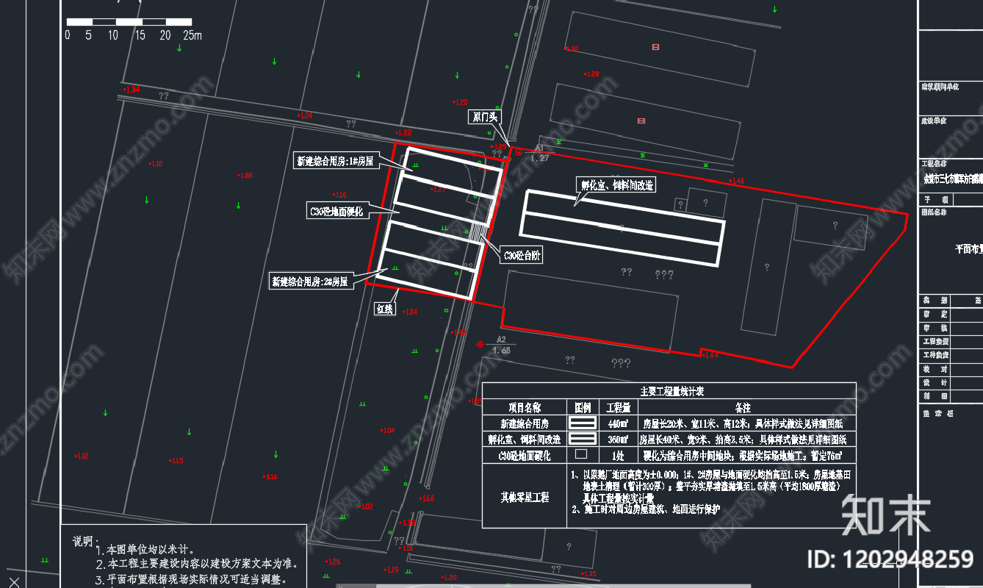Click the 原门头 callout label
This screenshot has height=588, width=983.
click(484, 117)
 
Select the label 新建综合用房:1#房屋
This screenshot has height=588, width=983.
click(334, 161)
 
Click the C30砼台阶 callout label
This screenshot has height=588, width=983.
click(522, 256)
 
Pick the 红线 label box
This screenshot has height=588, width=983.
click(386, 309)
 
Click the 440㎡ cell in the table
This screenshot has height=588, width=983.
click(617, 423)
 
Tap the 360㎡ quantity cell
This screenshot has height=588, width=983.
click(617, 440)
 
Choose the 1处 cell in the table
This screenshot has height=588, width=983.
click(617, 455)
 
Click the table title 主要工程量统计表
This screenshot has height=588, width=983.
click(668, 391)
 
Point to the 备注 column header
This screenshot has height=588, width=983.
click(743, 407)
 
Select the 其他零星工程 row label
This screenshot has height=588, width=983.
click(523, 497)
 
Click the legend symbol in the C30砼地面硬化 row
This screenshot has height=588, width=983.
click(581, 455)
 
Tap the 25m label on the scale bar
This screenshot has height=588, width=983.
click(192, 35)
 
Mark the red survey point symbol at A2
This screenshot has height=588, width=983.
click(480, 343)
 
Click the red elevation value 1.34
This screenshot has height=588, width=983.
click(132, 90)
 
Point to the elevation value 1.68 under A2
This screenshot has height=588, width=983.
click(501, 351)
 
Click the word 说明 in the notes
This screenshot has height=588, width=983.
click(83, 541)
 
